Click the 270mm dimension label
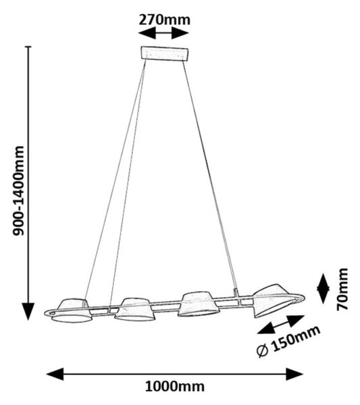pos(164,20)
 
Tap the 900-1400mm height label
pos(18,190)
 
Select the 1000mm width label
pos(175,387)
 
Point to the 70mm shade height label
pos(342,289)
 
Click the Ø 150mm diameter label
pos(288,342)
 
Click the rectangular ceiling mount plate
pos(164,53)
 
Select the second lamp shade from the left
pos(134,310)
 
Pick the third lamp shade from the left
pos(198,304)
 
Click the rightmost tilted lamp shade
pos(274,300)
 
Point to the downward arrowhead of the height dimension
pos(28,311)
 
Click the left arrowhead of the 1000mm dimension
pos(55,374)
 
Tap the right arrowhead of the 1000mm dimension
pos(294,374)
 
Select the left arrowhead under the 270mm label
pos(147,33)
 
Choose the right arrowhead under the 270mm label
pos(180,33)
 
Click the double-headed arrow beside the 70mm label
pos(323,288)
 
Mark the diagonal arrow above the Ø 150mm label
pos(281,325)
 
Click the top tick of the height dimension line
pos(28,47)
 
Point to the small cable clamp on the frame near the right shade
pos(236,293)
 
